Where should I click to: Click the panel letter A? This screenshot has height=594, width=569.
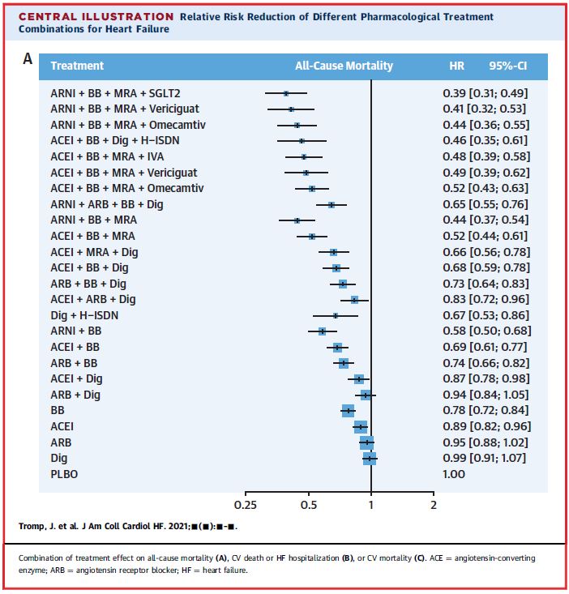pos(28,60)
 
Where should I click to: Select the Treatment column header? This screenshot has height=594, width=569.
pos(77,66)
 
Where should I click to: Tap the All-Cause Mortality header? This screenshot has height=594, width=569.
pos(344,66)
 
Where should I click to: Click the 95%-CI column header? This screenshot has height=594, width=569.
pos(507,66)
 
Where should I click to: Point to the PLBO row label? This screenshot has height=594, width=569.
pos(64,474)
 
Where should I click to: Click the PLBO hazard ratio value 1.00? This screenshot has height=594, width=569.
pos(454,474)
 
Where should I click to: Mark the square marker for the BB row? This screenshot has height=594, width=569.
pos(349,411)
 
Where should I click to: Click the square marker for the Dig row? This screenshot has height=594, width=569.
pos(370,458)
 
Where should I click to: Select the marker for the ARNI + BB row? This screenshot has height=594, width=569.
pos(322,331)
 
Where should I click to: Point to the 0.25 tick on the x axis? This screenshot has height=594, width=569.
pos(245,506)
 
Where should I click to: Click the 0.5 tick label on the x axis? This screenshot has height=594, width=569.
pos(308,506)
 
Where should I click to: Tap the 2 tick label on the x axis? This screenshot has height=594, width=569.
pos(434,506)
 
